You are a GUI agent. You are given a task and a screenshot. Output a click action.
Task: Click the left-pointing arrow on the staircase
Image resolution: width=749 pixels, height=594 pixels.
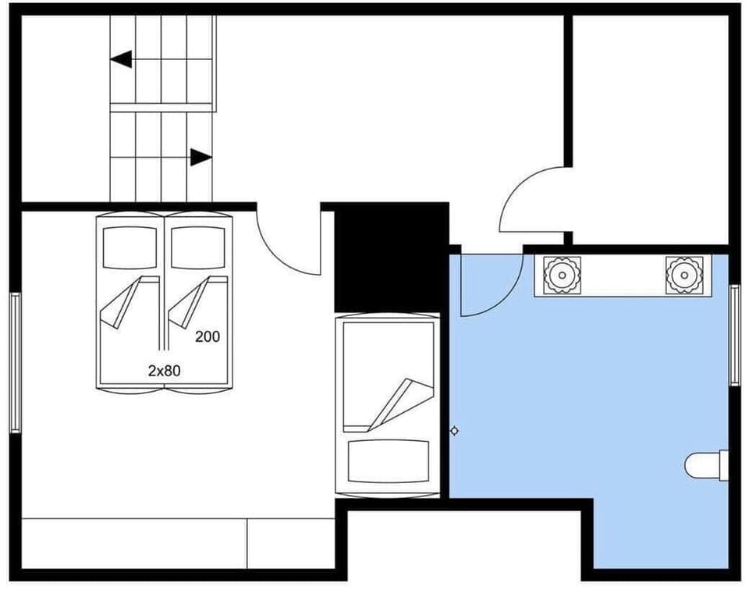click(x=121, y=59)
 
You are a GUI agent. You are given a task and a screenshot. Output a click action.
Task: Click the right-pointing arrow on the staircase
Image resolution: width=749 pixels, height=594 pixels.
click(x=201, y=157)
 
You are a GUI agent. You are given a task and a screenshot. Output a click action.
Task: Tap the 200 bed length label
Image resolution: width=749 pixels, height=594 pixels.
click(x=208, y=336)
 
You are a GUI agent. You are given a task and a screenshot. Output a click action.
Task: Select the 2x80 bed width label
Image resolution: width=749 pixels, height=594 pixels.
click(x=164, y=372)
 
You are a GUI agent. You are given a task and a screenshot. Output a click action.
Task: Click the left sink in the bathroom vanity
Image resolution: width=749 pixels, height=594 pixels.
click(x=559, y=275)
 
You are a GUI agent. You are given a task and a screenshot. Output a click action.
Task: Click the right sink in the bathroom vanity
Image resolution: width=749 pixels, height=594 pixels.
click(x=684, y=275)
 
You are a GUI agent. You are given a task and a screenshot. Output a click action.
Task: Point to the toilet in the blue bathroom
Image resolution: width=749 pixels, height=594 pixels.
click(x=707, y=465)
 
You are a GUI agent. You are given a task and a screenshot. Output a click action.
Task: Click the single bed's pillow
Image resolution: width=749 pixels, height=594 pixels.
click(x=388, y=461)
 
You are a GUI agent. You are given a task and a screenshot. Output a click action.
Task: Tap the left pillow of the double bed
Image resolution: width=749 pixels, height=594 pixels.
click(x=130, y=247)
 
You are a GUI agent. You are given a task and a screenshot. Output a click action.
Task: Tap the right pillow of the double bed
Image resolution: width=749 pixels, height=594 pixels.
click(x=198, y=247)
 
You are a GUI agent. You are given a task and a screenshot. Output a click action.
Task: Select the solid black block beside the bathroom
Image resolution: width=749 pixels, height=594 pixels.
click(x=390, y=258)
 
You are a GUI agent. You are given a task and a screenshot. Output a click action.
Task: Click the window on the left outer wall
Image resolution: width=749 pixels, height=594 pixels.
click(x=14, y=362)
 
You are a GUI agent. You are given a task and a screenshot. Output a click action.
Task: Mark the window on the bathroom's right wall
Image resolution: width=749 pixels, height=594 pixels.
click(x=734, y=335)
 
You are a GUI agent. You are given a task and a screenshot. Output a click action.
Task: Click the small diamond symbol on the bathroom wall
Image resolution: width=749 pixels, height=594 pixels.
click(x=454, y=431)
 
